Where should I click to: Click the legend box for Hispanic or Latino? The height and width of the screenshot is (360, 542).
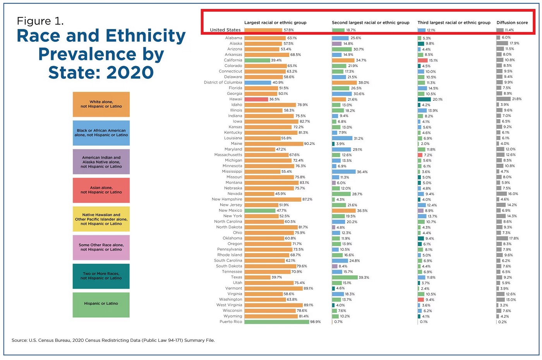coord(101,305)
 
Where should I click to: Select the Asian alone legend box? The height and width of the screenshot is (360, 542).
coord(101,190)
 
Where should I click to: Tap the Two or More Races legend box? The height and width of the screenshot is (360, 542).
coord(101,276)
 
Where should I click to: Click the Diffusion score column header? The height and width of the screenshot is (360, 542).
coord(512,22)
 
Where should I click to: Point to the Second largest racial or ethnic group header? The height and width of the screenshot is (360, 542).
coord(370,22)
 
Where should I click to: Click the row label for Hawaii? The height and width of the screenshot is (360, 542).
coord(236,99)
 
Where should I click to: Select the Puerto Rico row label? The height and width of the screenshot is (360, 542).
coord(231,322)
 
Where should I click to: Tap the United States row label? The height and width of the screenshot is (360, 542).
coord(225,30)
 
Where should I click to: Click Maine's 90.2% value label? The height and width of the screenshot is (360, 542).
coord(309,144)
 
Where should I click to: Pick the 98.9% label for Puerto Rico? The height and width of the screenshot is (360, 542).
coord(315,322)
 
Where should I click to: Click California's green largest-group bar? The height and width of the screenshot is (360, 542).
coord(257,60)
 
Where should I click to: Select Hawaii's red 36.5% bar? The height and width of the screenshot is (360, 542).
coord(256,99)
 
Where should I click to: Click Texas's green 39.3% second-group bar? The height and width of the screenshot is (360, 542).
coord(345,277)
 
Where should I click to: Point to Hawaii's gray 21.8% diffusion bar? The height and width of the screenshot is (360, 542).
coord(504,99)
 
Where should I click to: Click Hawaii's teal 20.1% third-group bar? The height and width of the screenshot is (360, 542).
coord(424,99)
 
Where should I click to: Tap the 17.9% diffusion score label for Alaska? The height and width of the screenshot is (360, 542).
coord(515,43)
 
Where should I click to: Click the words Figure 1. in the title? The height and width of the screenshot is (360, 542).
coord(40,21)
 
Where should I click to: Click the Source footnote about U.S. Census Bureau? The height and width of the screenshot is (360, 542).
coord(113,340)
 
